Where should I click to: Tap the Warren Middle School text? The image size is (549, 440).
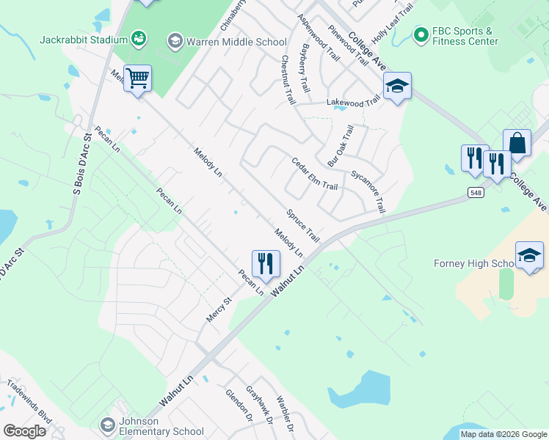(x=226, y=41)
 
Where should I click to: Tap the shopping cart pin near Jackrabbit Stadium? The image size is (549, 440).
(x=137, y=78)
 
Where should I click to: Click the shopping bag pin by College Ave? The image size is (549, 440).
(x=517, y=144)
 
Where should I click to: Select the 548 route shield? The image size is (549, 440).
(x=474, y=191)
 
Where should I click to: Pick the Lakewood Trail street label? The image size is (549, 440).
(x=355, y=103)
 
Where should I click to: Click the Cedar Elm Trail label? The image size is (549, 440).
(x=314, y=174)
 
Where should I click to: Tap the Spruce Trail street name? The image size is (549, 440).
(x=303, y=225)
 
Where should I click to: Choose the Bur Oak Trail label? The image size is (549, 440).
(x=340, y=144)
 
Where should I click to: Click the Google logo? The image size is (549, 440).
(x=24, y=431)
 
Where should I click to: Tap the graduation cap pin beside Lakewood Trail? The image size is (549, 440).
(x=397, y=87)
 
